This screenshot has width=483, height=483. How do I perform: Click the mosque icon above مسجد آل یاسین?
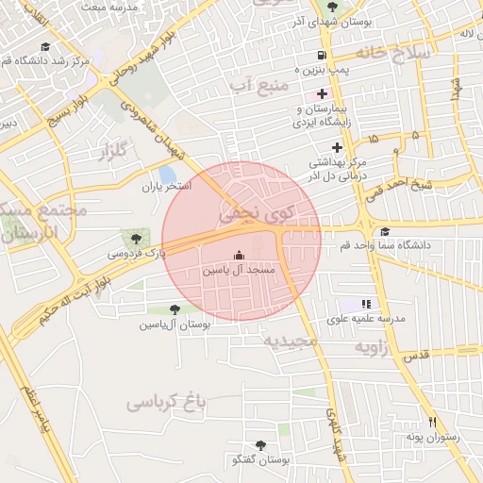coord(238,255)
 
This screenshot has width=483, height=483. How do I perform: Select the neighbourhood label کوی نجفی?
coord(258,215)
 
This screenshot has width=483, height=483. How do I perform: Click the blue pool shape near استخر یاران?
coord(168,175)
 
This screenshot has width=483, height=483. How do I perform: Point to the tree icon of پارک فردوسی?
coord(137,239)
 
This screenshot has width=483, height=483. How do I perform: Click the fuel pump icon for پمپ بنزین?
coord(323,56)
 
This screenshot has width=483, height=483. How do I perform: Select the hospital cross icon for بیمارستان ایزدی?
coord(323,93)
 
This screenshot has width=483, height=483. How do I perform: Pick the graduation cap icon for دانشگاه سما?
coord(384,232)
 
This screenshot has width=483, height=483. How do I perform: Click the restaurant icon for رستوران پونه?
coord(432,423)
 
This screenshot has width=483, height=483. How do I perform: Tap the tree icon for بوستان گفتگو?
coord(260,444)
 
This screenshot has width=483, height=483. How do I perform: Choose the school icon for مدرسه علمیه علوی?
coord(366,304)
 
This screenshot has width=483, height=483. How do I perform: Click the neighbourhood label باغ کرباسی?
coord(166,403)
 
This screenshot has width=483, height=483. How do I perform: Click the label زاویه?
coord(372,348)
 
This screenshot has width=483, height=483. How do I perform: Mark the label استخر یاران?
coord(166,187)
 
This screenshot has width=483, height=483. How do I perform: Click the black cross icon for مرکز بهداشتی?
coord(337,145)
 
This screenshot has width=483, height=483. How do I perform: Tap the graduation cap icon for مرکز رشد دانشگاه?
coord(45,46)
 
